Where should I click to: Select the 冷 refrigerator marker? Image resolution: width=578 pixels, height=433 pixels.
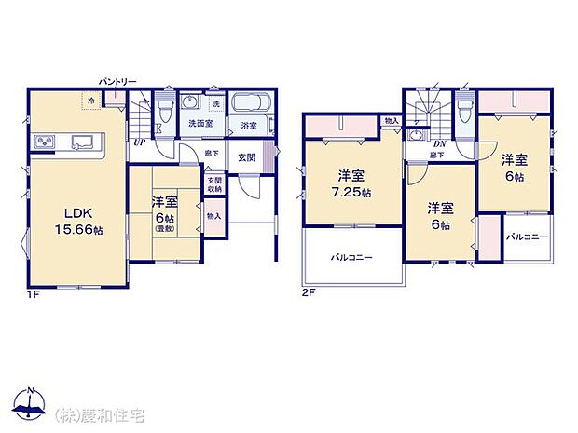[91, 101]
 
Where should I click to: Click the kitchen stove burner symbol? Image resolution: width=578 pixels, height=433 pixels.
[46, 142]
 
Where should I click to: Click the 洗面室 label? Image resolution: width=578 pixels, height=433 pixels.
[198, 123]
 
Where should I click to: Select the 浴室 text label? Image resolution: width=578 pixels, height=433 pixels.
[249, 125]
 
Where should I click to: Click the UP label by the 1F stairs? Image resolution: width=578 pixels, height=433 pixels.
[139, 142]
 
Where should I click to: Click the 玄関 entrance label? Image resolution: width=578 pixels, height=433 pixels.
[246, 157]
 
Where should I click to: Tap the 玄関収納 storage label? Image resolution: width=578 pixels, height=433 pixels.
[214, 184]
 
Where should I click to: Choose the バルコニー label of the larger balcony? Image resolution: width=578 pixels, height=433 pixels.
[352, 257]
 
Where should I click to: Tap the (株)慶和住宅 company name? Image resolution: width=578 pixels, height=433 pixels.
[100, 414]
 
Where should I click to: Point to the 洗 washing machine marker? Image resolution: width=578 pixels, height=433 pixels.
[215, 103]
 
